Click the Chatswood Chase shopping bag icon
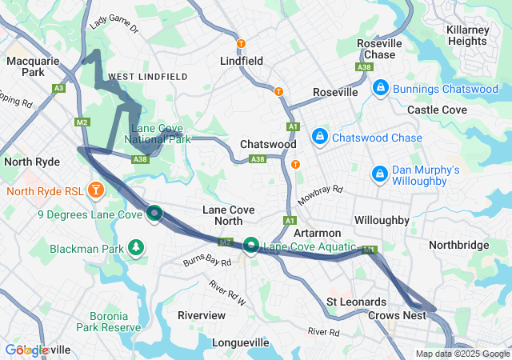tap(319, 137)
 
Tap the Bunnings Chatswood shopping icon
tap(380, 88)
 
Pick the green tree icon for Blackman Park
tap(137, 247)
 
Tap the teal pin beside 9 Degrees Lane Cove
tap(154, 213)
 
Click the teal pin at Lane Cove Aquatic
tap(251, 245)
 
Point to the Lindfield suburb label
tap(242, 60)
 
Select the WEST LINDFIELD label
tap(147, 77)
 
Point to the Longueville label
tap(246, 342)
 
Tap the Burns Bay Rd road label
tap(206, 261)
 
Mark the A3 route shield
tap(59, 88)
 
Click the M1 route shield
tap(369, 250)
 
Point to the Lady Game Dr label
tap(114, 22)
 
